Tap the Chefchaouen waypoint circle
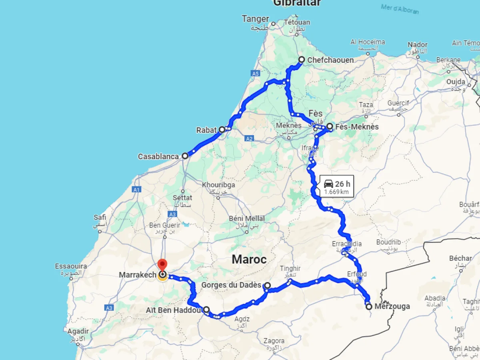click(302, 60)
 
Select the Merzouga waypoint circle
click(369, 307)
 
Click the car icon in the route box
click(328, 184)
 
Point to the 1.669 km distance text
click(336, 192)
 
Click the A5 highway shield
click(256, 73)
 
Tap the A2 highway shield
click(250, 139)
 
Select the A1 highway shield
click(137, 190)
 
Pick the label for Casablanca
click(158, 156)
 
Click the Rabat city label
click(206, 130)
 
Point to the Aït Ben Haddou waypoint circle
click(206, 309)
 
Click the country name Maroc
click(249, 259)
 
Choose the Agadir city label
click(78, 331)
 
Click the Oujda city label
click(456, 82)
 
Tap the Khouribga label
click(218, 185)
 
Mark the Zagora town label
click(274, 341)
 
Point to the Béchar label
click(461, 258)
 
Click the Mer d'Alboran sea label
click(400, 9)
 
